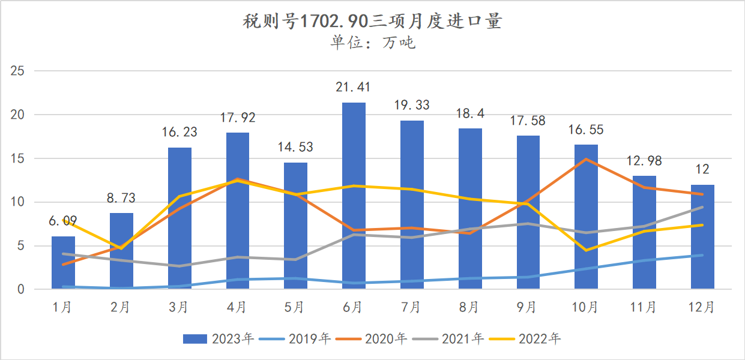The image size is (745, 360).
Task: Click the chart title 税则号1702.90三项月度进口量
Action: pyautogui.click(x=372, y=22)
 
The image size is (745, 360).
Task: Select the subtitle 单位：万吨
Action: pyautogui.click(x=372, y=43)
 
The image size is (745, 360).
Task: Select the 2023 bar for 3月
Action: pyautogui.click(x=179, y=218)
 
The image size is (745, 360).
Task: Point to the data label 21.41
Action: pyautogui.click(x=354, y=87)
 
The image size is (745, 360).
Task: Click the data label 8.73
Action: pyautogui.click(x=121, y=197)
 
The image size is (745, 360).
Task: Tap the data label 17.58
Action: pyautogui.click(x=528, y=121)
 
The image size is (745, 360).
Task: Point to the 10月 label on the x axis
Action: pyautogui.click(x=586, y=307)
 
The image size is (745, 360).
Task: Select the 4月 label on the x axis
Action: pyautogui.click(x=237, y=307)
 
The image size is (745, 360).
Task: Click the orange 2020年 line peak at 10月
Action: pyautogui.click(x=586, y=159)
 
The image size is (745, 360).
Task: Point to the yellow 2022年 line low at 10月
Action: pyautogui.click(x=586, y=250)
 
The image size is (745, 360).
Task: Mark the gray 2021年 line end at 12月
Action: pyautogui.click(x=702, y=207)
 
